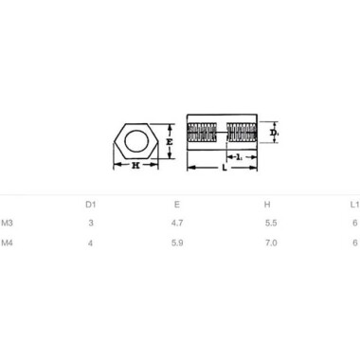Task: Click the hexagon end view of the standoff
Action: coord(135,143)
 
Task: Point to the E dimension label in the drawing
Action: coord(167,142)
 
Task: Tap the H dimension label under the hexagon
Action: coord(136,165)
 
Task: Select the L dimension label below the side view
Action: coord(223,167)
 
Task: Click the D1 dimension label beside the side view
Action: coord(275,135)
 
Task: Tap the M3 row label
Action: coord(8,224)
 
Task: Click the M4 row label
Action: coord(8,243)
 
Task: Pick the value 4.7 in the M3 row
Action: coord(176,224)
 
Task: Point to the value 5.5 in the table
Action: coord(269,224)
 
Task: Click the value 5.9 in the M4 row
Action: coord(176,243)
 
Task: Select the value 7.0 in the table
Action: coord(269,243)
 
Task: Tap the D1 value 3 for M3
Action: coord(91,224)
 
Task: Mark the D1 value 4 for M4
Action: coord(91,243)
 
